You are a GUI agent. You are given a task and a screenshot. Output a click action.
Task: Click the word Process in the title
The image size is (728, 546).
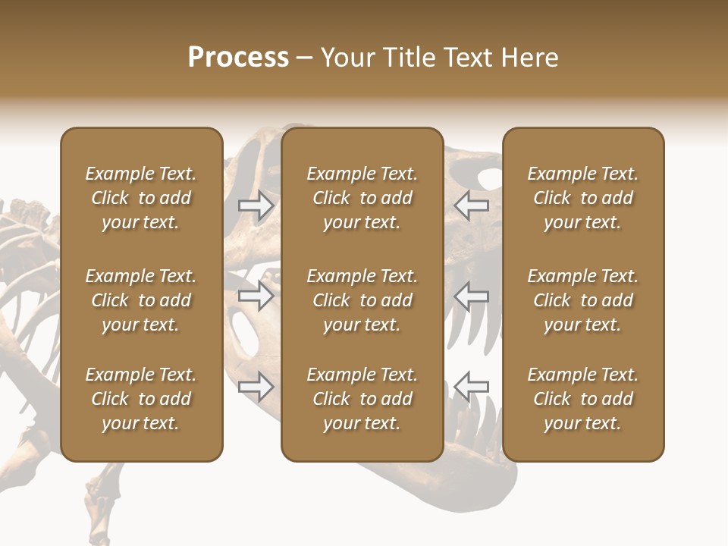pyautogui.click(x=238, y=58)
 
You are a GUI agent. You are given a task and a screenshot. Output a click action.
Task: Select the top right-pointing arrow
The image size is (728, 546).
pyautogui.click(x=256, y=206)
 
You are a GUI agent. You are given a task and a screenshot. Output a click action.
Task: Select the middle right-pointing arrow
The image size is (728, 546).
pyautogui.click(x=256, y=296)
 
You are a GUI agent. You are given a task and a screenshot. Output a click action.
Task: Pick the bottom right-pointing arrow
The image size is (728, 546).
pyautogui.click(x=256, y=387)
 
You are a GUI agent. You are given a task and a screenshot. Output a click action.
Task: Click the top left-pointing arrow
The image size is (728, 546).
pyautogui.click(x=471, y=206)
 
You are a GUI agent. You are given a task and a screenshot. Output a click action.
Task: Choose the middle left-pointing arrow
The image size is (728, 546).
pyautogui.click(x=471, y=296)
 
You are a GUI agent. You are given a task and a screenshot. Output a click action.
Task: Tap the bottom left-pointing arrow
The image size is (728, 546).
pyautogui.click(x=471, y=387)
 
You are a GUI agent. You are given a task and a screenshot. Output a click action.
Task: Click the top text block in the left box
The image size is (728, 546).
pyautogui.click(x=141, y=198)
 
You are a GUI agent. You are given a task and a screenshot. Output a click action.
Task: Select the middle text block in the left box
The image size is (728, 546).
pyautogui.click(x=141, y=300)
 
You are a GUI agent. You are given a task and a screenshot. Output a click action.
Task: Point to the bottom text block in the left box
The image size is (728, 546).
pyautogui.click(x=141, y=399)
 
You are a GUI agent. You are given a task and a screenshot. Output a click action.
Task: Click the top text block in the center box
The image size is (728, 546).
pyautogui.click(x=362, y=198)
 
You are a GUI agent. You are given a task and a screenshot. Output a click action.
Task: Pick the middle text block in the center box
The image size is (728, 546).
pyautogui.click(x=362, y=300)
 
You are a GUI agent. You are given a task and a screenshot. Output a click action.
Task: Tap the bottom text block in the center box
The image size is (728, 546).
pyautogui.click(x=362, y=399)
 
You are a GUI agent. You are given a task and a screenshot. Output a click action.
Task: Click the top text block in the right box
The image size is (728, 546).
pyautogui.click(x=582, y=198)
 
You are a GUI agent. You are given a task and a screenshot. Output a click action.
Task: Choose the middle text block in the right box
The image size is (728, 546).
pyautogui.click(x=582, y=300)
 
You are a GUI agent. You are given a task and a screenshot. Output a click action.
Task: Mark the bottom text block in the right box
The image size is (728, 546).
pyautogui.click(x=582, y=399)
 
